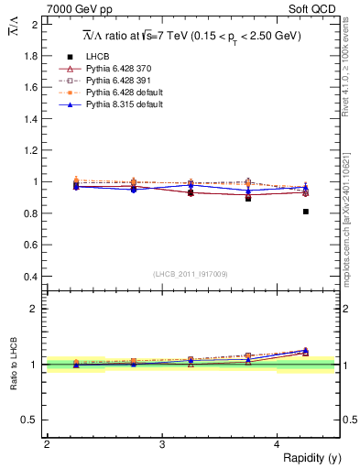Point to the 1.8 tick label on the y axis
pyautogui.click(x=30, y=56)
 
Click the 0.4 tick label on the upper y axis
pyautogui.click(x=30, y=276)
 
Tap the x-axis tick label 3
pyautogui.click(x=162, y=444)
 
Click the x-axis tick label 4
pyautogui.click(x=278, y=444)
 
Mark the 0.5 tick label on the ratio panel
pyautogui.click(x=30, y=420)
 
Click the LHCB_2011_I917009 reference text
pyautogui.click(x=191, y=274)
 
